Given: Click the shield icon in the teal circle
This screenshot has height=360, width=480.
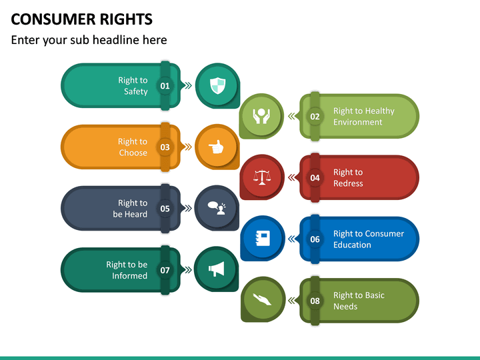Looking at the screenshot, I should click(x=217, y=85).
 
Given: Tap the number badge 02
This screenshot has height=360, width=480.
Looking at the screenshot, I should click(x=315, y=117).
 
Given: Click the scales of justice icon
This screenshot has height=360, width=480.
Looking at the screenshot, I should click(x=262, y=177).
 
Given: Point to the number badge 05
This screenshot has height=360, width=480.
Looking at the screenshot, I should click(x=165, y=209).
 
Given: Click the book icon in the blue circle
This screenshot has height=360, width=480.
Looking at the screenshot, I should click(x=262, y=239).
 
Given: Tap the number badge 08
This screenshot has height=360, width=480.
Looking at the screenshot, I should click(x=315, y=301).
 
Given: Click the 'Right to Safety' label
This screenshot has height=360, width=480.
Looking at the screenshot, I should click(x=133, y=86).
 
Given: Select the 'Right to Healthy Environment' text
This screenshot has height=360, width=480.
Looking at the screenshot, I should click(x=363, y=117).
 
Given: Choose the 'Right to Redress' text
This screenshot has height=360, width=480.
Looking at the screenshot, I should click(x=348, y=178).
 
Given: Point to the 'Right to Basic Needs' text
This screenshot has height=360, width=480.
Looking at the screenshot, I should click(x=359, y=301).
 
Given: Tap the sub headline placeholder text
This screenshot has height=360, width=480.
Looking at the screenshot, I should click(x=89, y=40).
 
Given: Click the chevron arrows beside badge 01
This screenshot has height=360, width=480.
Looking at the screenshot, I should click(x=187, y=85).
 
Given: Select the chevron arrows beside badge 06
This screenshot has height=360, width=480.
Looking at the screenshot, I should click(x=291, y=239).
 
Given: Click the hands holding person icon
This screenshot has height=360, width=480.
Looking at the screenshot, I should click(x=262, y=116).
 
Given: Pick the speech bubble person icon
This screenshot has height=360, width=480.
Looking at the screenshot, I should click(x=217, y=208).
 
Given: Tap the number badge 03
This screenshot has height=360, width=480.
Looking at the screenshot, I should click(x=165, y=147).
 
